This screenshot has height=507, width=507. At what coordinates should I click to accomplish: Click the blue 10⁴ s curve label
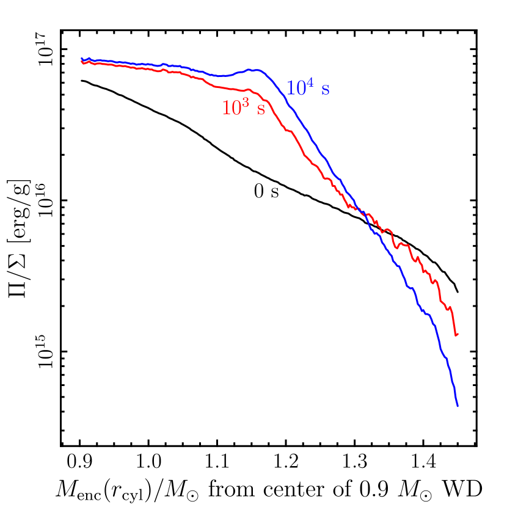[308, 89]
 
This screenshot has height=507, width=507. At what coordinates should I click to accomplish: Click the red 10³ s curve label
[244, 108]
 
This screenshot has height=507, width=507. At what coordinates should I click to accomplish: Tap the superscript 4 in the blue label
[310, 83]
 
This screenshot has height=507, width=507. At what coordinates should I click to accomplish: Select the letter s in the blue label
[326, 90]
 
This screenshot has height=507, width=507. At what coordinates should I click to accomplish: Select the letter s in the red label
[261, 110]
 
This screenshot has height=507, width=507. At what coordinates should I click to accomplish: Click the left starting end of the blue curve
[82, 59]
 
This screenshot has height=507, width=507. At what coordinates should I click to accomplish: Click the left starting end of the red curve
[82, 62]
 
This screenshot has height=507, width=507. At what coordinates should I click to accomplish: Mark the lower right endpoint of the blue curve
[458, 406]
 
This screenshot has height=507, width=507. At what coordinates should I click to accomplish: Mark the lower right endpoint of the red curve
[457, 335]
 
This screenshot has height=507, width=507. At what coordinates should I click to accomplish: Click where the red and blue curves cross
[359, 211]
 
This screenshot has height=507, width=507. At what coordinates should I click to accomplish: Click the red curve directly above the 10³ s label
[244, 90]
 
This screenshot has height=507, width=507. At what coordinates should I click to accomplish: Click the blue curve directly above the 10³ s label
[244, 71]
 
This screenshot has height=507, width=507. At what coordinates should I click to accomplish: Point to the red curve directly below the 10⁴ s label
[308, 159]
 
